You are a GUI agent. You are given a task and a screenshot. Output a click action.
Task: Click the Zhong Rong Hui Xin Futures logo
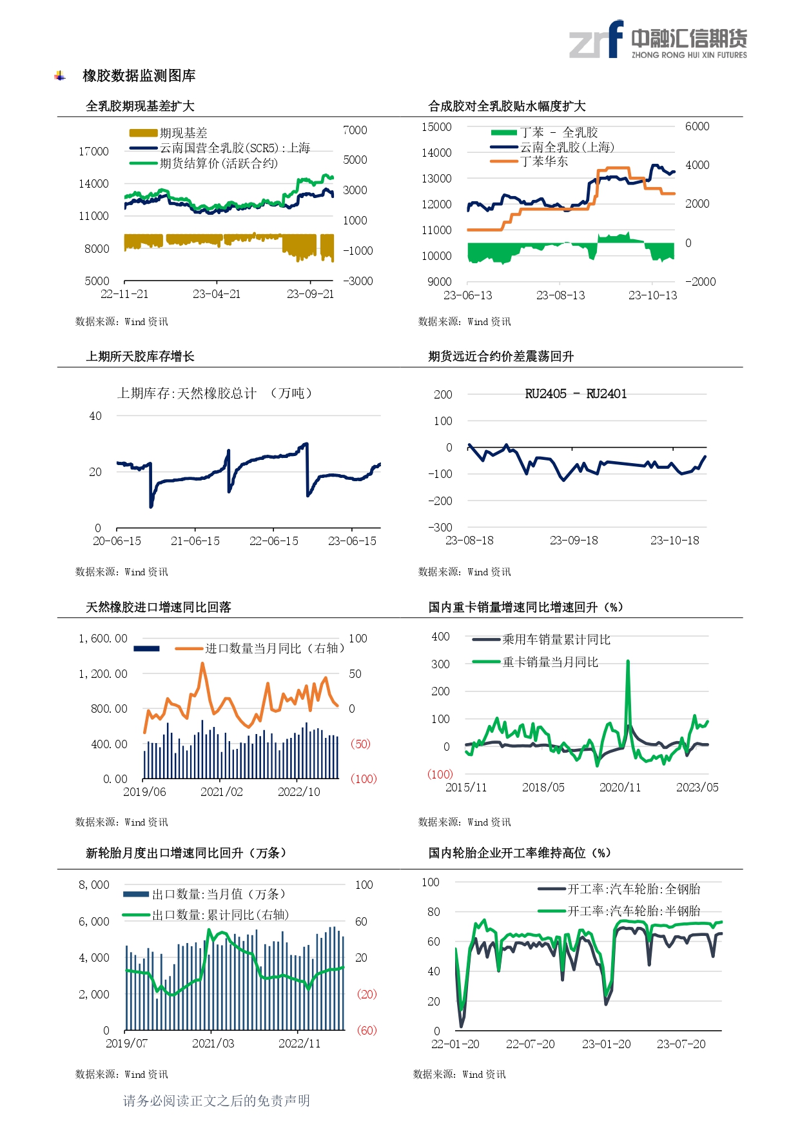[x=658, y=40]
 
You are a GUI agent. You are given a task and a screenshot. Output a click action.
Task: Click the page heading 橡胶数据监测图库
[x=139, y=76]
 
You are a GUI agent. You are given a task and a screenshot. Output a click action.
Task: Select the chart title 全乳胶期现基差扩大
[x=140, y=106]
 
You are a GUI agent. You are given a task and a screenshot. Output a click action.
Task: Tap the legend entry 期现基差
[x=183, y=133]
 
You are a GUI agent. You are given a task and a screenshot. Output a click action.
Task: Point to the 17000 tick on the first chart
[x=93, y=152]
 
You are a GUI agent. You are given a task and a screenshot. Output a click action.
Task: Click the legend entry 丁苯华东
[x=544, y=161]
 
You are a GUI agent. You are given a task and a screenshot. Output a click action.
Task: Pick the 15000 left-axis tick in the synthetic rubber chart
[x=436, y=127]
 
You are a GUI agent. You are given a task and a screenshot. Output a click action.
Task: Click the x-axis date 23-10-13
[x=652, y=295]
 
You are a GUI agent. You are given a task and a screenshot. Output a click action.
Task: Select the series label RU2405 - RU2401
[x=576, y=394]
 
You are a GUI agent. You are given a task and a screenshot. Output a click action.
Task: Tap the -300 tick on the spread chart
[x=440, y=528]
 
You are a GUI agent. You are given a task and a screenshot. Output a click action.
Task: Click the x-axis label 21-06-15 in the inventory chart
[x=195, y=541]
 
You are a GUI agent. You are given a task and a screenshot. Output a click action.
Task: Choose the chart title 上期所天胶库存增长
[x=140, y=357]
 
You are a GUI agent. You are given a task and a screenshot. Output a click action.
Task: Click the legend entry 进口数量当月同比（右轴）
[x=274, y=648]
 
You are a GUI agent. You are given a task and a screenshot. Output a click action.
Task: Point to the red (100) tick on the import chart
[x=363, y=779]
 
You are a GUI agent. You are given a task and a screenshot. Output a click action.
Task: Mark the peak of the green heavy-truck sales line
[x=628, y=661]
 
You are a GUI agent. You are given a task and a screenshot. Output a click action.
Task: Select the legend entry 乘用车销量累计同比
[x=556, y=639]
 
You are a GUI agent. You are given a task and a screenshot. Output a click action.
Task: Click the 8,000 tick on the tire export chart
[x=94, y=885]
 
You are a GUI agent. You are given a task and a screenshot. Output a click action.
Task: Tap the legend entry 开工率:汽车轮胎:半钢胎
[x=633, y=911]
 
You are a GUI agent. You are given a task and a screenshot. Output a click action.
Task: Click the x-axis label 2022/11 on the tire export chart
[x=299, y=1044]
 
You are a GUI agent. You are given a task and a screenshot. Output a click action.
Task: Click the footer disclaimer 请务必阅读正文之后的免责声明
[x=217, y=1101]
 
